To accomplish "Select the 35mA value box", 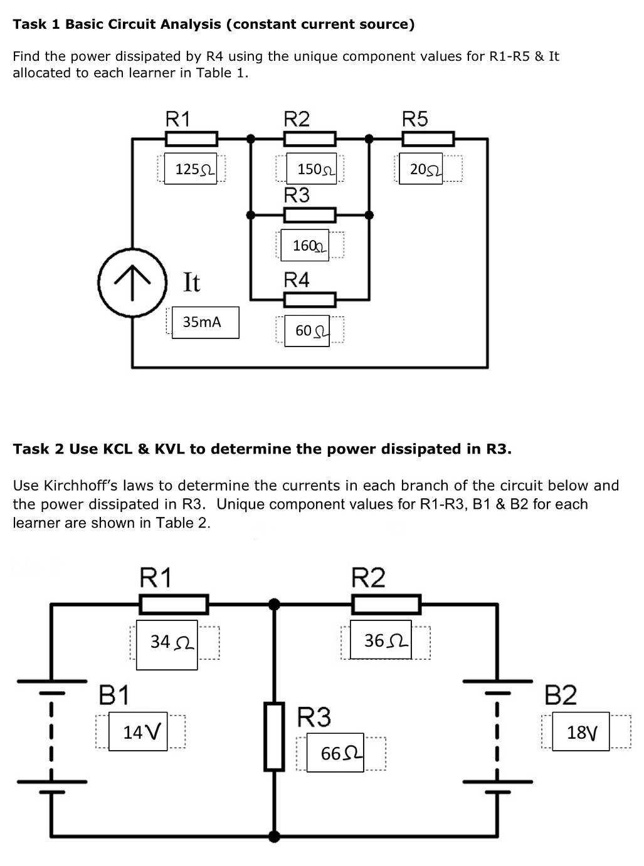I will tap(205, 322).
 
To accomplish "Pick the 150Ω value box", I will tap(312, 169).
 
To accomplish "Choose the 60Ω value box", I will tap(307, 330).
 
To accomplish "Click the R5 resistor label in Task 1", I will tap(414, 119).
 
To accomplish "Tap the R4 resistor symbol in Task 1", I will tap(310, 300).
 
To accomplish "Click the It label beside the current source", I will tap(191, 282).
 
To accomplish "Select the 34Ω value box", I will tap(167, 642).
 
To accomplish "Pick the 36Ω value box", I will tap(381, 640).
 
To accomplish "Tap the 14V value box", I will tap(137, 731).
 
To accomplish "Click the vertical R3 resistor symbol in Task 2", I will tap(274, 736).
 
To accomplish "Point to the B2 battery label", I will tap(560, 695).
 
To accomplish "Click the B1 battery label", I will tap(114, 695).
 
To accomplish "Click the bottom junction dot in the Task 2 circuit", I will tap(274, 835).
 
